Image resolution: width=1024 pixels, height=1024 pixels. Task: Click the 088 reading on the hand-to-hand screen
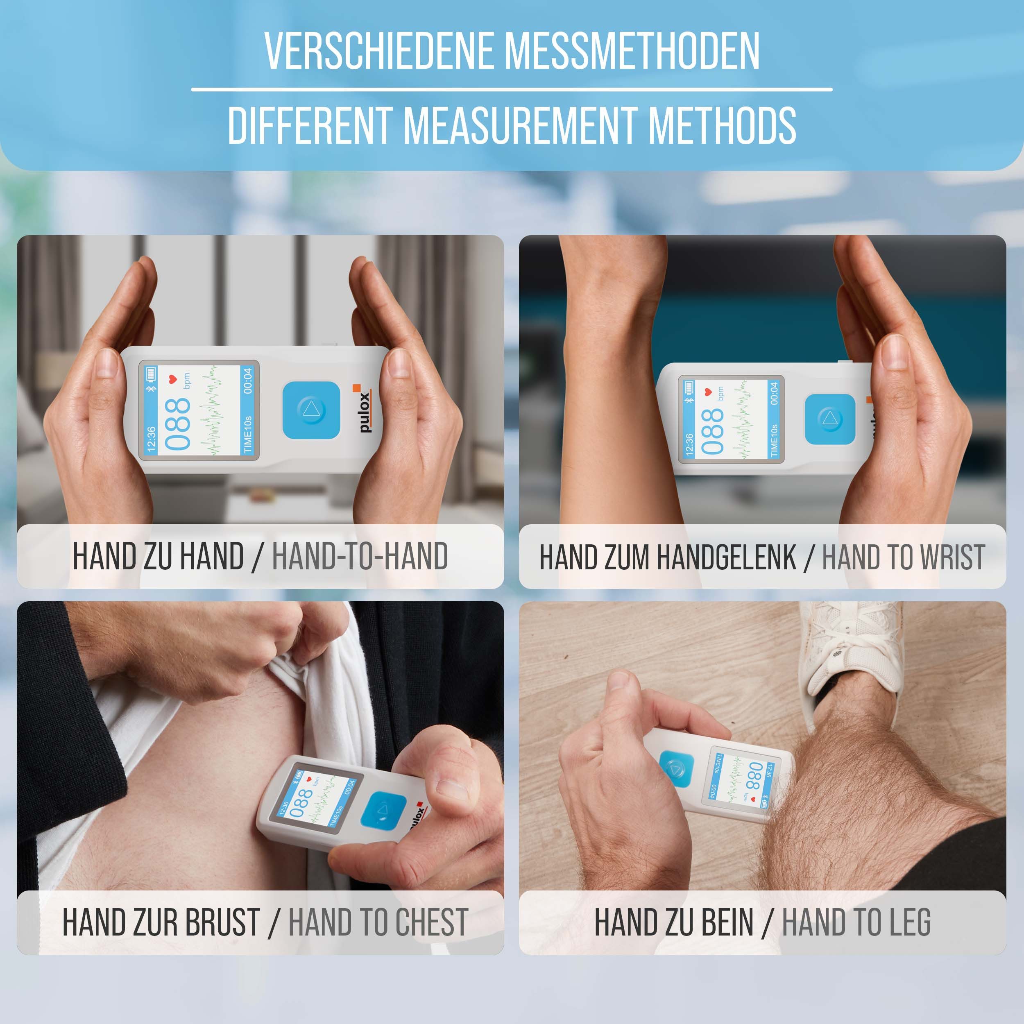click(177, 424)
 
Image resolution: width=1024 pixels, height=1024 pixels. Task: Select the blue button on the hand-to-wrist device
click(829, 419)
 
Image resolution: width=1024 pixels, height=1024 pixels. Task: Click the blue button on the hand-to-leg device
click(677, 767)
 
